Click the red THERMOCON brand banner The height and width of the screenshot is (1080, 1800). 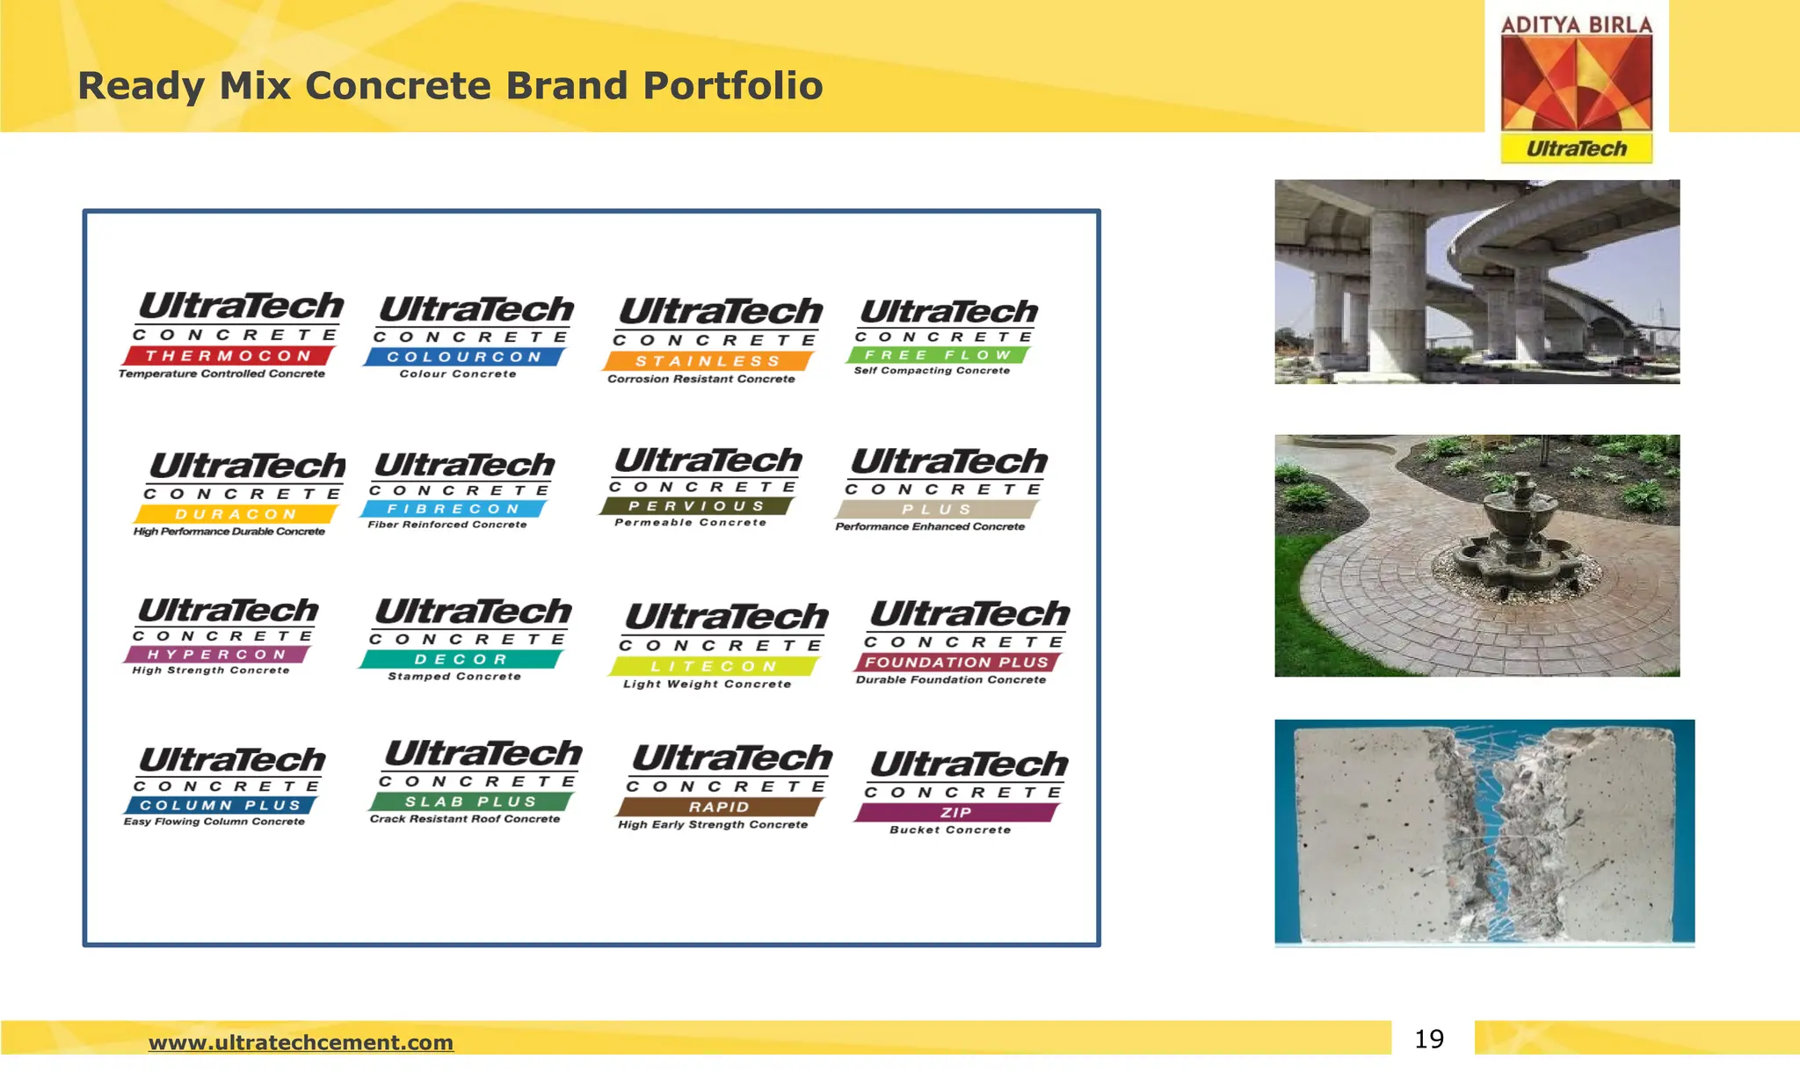coord(229,356)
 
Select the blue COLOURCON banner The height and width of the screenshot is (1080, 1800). coord(464,357)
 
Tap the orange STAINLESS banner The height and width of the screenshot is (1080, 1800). coord(708,361)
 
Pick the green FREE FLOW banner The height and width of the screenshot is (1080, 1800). coord(938,355)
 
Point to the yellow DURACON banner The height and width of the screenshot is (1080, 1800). coord(236,514)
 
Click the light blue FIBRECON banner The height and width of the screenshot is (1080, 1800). coord(454,509)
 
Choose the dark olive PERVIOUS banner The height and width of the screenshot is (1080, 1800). coord(696,506)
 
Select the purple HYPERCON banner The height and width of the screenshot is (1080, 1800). coord(217,655)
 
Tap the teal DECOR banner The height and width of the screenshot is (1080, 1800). coord(461,659)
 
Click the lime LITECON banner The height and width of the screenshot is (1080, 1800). coord(714,666)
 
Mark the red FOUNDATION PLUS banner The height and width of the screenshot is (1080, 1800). coord(957,663)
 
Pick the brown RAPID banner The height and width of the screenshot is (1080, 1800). coord(719,807)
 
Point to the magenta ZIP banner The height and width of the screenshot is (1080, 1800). coord(955,813)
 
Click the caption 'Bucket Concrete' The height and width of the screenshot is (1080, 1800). coord(950,830)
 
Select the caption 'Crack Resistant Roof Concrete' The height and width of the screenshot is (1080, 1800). coord(464,819)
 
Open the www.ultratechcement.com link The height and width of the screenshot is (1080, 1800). coord(301,1042)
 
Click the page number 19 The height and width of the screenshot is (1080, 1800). coord(1429,1040)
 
